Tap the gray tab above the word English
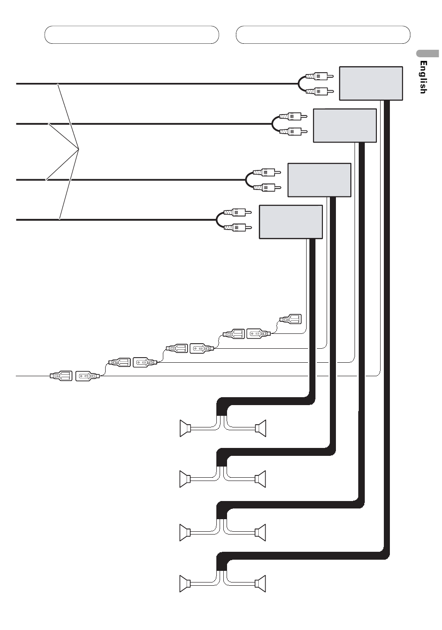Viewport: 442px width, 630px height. [428, 54]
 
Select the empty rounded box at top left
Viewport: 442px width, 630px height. [132, 34]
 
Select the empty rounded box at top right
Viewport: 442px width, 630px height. [323, 34]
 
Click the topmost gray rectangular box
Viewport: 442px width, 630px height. [371, 83]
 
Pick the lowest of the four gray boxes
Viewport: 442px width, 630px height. [290, 222]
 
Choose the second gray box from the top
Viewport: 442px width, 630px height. [345, 125]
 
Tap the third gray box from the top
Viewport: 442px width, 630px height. [320, 180]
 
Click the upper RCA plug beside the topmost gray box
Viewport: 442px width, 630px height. [319, 76]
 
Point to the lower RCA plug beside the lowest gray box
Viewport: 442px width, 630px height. [237, 227]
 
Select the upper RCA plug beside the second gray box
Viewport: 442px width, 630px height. [293, 116]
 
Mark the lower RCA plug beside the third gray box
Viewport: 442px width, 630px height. [267, 187]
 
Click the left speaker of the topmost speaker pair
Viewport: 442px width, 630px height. [186, 428]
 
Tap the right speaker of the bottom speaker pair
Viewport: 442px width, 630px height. [260, 583]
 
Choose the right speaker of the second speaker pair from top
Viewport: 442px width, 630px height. [260, 479]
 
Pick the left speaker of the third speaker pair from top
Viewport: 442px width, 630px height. [185, 532]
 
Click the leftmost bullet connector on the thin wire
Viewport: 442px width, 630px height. [61, 375]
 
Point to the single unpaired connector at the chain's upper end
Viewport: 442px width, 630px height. [290, 319]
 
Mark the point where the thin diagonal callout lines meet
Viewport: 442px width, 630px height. [79, 149]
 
